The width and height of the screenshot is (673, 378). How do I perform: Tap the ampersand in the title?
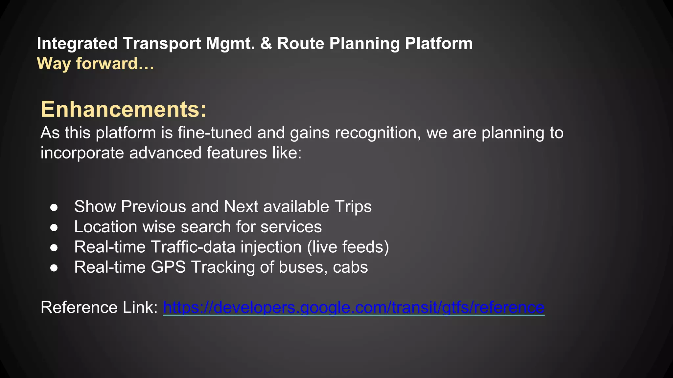266,44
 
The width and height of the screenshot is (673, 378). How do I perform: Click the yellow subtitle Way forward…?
95,63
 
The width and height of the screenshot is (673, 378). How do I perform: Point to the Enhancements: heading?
124,109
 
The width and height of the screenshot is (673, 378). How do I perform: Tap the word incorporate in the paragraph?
82,153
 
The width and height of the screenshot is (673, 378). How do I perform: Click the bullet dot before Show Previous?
54,207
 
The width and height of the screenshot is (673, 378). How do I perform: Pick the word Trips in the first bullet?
353,207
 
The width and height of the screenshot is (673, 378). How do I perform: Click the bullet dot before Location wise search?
54,227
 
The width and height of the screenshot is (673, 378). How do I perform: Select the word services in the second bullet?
291,227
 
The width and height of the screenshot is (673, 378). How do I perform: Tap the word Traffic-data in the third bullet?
193,247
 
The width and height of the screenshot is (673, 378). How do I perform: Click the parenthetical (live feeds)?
348,247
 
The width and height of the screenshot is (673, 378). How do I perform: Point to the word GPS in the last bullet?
168,267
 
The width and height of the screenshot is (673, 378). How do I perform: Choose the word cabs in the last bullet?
350,267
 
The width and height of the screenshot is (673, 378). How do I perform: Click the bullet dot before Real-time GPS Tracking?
54,268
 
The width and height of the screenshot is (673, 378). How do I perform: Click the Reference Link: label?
99,307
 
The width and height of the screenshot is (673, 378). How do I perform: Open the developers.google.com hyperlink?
354,307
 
